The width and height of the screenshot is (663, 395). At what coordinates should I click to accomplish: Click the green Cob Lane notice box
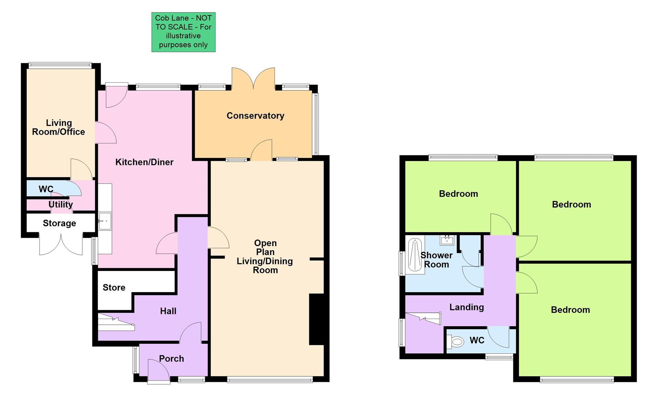click(183, 32)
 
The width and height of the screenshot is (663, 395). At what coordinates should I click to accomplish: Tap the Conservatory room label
click(255, 116)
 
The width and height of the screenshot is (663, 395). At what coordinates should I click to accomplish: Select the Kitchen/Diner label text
click(144, 162)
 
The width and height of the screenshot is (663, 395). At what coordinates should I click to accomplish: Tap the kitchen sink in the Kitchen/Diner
click(104, 221)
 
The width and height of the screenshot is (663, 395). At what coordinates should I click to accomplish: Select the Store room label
click(114, 287)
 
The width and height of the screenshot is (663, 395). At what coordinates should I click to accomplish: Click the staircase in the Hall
click(116, 322)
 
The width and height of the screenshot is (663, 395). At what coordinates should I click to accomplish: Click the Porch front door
click(158, 371)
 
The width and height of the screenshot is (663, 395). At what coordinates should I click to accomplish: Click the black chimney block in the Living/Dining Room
click(316, 319)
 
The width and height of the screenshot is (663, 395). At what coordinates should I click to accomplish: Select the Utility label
click(60, 204)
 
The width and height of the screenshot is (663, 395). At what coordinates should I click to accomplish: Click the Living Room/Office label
click(59, 127)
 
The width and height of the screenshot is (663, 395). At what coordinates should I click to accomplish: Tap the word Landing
click(467, 307)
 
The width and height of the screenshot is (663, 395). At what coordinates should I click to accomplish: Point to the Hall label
click(168, 311)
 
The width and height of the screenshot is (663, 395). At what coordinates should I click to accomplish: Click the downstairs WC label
click(46, 189)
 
